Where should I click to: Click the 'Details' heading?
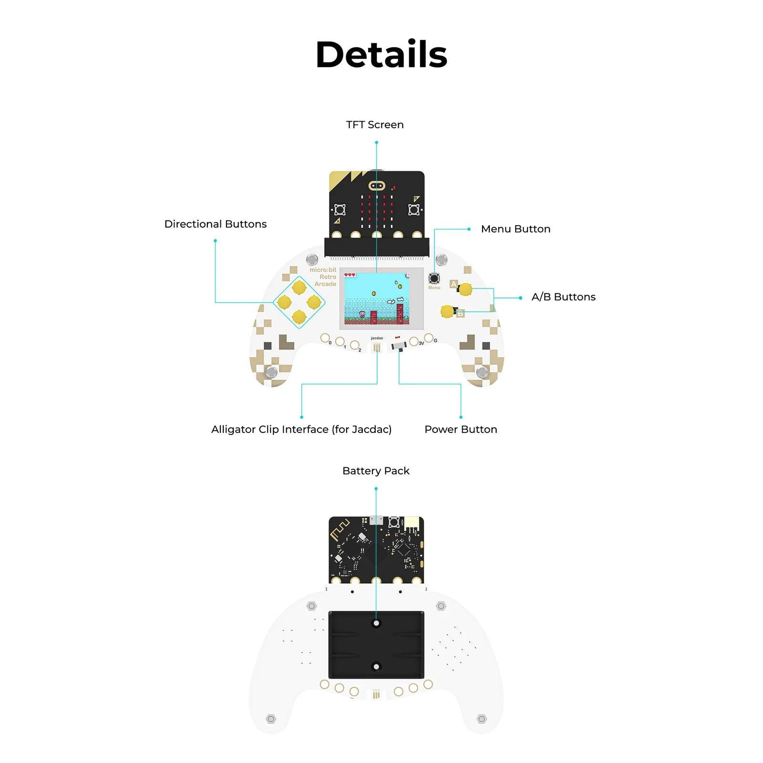[x=381, y=54]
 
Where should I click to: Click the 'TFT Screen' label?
[x=375, y=125]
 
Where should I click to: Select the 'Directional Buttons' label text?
[x=215, y=224]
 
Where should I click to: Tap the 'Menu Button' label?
[x=516, y=229]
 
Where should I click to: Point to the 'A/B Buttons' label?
[x=563, y=297]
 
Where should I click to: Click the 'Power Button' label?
[x=461, y=429]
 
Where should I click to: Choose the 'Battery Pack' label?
[x=376, y=471]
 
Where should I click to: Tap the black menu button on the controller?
[x=434, y=278]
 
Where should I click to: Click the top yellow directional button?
[x=299, y=288]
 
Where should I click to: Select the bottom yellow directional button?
[x=299, y=316]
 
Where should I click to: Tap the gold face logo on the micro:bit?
[x=377, y=185]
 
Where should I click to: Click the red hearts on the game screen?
[x=350, y=275]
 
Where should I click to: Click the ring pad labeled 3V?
[x=413, y=341]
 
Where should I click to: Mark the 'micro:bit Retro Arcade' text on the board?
[x=323, y=277]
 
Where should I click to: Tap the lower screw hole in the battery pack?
[x=376, y=667]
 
